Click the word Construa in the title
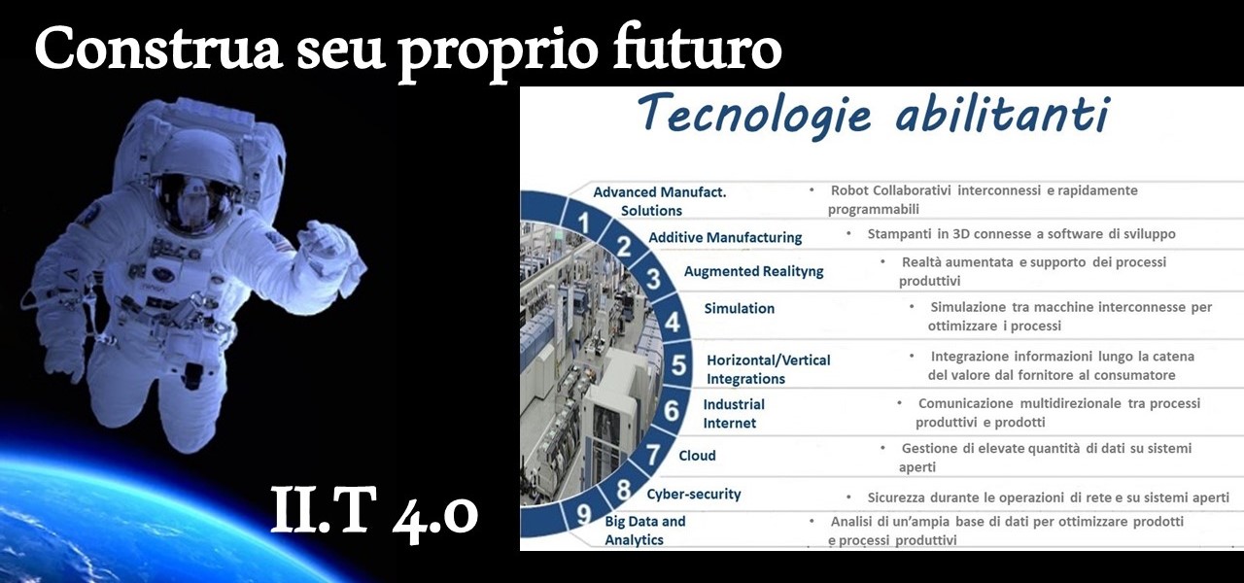point(158,49)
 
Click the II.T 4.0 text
point(374,510)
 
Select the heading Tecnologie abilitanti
point(874,115)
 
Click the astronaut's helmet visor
point(194,203)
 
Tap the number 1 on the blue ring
point(583,223)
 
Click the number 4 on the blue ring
point(673,321)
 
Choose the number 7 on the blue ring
point(653,454)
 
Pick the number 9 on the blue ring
point(583,514)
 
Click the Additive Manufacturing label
point(725,237)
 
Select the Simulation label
point(740,308)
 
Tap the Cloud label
point(697,456)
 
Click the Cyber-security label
point(694,495)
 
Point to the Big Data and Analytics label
point(644,531)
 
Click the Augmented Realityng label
point(753,271)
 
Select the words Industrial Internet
point(734,414)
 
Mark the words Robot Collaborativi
point(891,190)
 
